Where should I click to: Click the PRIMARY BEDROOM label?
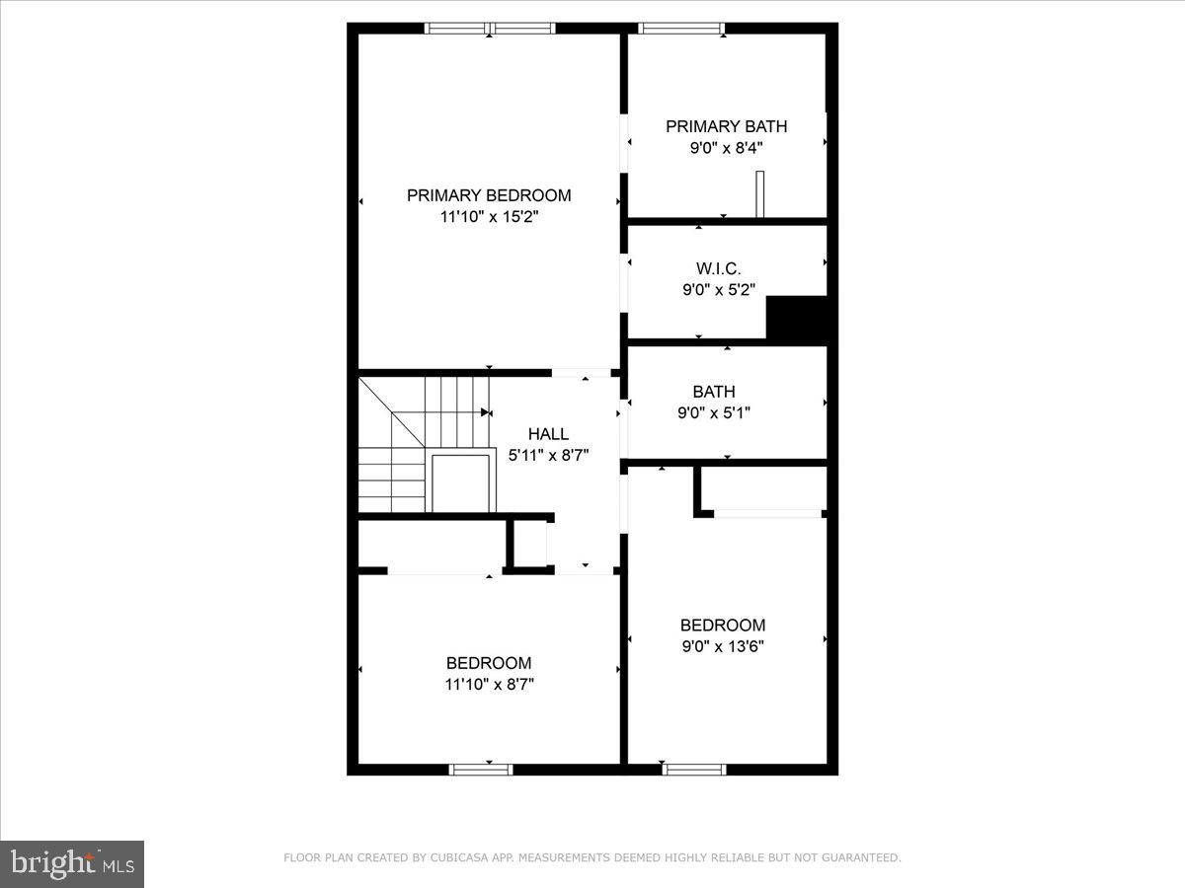[489, 195]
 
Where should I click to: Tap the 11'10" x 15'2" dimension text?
[489, 217]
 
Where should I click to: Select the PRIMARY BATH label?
[726, 126]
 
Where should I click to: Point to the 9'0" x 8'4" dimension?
[726, 148]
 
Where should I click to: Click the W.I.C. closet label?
[718, 268]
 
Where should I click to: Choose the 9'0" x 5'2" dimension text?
[718, 290]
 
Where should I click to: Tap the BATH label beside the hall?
[713, 392]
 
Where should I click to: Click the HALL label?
[548, 434]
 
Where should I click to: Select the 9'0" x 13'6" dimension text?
[722, 646]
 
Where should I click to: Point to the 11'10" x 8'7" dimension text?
[489, 684]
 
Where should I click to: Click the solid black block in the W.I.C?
[797, 320]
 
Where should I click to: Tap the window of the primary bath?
[681, 29]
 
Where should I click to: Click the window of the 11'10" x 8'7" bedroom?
[481, 769]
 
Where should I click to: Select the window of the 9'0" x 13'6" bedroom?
[693, 769]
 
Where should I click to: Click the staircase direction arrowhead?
[486, 412]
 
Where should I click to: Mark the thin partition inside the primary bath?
[759, 193]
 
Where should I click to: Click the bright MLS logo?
[72, 863]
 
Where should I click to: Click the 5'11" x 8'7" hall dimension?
[548, 455]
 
